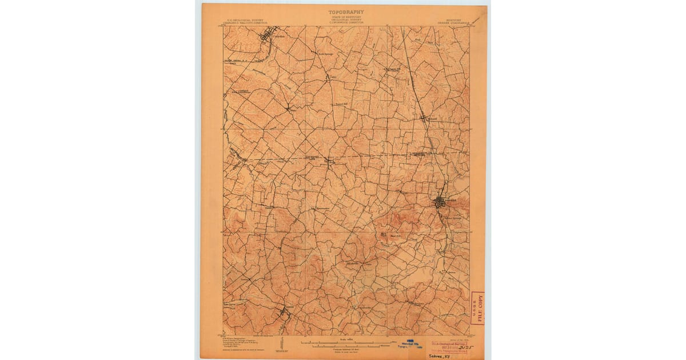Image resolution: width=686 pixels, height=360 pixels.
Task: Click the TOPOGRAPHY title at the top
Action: (x=346, y=11)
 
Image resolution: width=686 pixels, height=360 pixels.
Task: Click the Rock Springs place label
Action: (x=317, y=55)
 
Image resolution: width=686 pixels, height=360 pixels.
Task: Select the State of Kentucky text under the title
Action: (x=346, y=18)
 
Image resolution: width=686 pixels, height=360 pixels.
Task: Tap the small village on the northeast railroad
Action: (x=424, y=118)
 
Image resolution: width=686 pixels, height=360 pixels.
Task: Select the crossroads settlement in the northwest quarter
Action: (x=288, y=107)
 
